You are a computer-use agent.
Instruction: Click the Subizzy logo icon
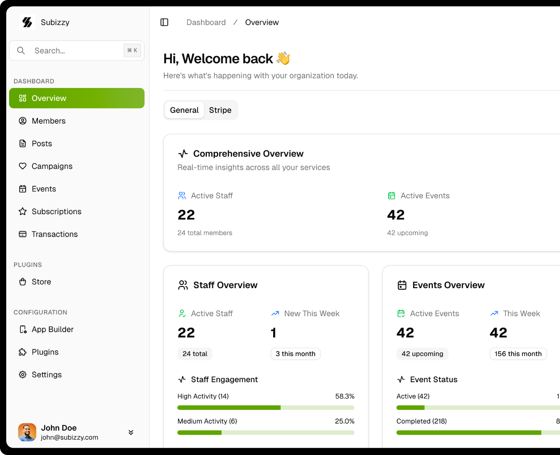point(27,22)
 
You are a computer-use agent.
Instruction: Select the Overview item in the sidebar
point(77,98)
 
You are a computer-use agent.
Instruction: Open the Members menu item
point(49,121)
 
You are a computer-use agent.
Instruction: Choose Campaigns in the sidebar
point(52,166)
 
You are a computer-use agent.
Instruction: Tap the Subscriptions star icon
point(23,212)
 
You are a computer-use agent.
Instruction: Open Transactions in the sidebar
point(55,234)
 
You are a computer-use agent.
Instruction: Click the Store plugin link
point(41,282)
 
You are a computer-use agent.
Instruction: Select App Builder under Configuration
point(52,329)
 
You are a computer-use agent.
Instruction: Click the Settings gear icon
point(23,375)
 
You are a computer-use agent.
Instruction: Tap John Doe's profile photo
point(27,432)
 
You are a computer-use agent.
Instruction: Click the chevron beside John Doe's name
point(131,432)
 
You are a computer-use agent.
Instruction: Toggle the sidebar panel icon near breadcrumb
point(164,22)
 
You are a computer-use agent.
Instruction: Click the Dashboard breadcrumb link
point(206,22)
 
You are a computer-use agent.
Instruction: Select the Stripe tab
point(220,110)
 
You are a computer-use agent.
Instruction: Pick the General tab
point(184,110)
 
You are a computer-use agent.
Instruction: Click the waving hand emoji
point(283,58)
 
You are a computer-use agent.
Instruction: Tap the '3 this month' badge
point(296,354)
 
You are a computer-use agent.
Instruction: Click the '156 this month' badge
point(518,354)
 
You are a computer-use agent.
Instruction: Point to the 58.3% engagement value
point(344,396)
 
